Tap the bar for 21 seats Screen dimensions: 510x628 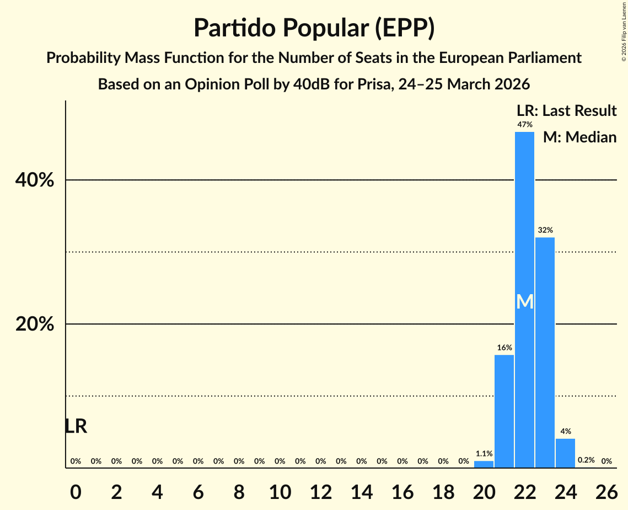click(x=504, y=411)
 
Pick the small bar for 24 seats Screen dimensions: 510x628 click(x=565, y=453)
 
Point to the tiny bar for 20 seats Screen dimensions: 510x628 click(x=484, y=464)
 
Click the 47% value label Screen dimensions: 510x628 click(x=524, y=125)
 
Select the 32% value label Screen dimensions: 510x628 click(x=545, y=230)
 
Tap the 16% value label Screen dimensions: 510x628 click(x=504, y=348)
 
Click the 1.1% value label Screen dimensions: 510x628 click(x=484, y=454)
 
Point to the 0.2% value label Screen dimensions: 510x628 click(x=586, y=460)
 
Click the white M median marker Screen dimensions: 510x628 click(x=525, y=301)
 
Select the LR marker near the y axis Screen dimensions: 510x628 click(x=76, y=426)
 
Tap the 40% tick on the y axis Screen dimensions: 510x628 click(x=35, y=180)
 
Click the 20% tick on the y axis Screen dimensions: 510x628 click(x=35, y=325)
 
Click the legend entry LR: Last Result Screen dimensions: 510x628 click(x=566, y=111)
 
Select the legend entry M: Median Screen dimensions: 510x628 click(x=579, y=137)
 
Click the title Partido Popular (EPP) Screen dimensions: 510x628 click(x=314, y=28)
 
